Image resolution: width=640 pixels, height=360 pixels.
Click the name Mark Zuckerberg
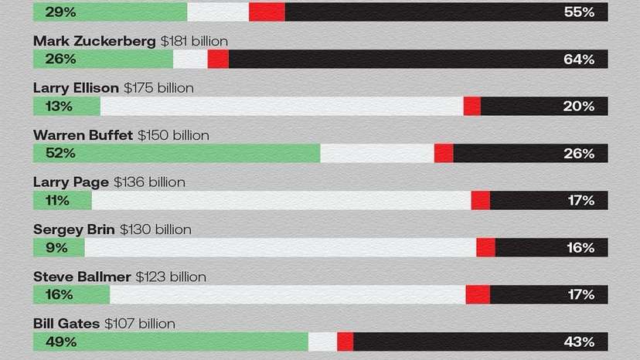click(94, 41)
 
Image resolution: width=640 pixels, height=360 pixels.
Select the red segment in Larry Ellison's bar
click(472, 107)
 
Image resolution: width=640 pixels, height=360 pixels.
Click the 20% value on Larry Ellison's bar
click(578, 107)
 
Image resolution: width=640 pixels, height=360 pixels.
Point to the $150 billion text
click(173, 135)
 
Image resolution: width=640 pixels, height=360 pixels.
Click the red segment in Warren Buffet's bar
click(444, 154)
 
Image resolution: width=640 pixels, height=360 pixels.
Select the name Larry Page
click(71, 182)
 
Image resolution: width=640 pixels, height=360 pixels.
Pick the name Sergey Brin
click(74, 229)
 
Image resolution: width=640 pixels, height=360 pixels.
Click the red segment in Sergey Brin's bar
click(485, 248)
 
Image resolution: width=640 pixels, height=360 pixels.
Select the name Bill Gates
click(66, 324)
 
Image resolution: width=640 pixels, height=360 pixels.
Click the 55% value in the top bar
click(578, 12)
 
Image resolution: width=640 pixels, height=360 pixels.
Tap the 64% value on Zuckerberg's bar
click(578, 59)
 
